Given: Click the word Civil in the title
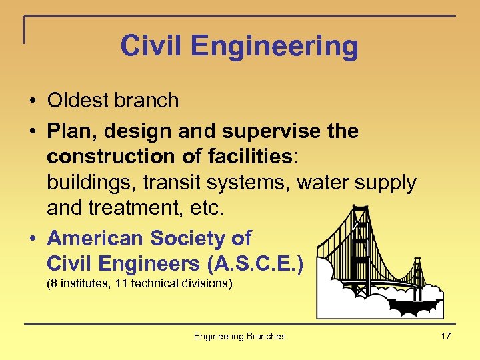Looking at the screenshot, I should click(x=149, y=46).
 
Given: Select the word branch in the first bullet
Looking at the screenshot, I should click(x=147, y=101).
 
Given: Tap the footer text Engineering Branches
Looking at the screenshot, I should click(x=239, y=336).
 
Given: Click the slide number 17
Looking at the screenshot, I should click(x=445, y=336).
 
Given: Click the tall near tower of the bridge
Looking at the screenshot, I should click(x=360, y=247).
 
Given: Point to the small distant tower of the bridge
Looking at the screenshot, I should click(x=418, y=273).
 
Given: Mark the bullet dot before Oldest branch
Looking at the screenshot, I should click(x=32, y=101).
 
